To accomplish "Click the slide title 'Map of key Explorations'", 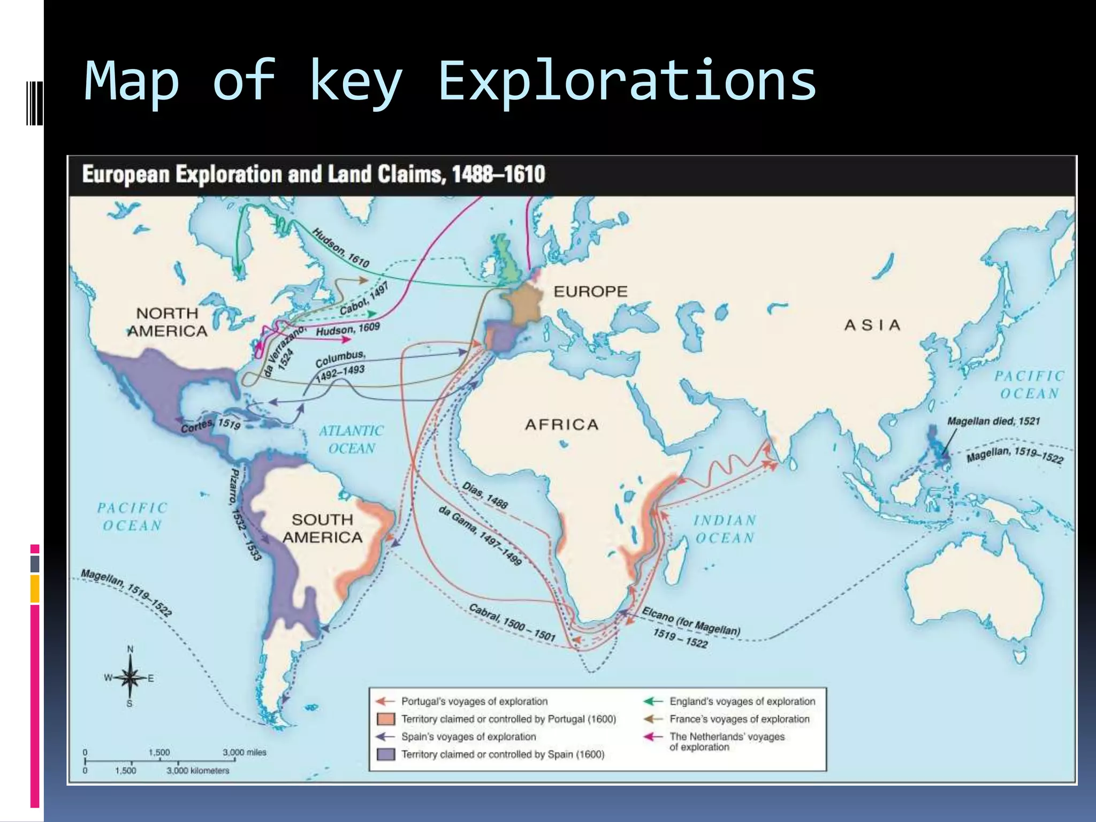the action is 450,81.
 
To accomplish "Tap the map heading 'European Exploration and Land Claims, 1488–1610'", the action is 314,174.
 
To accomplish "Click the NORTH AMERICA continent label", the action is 168,322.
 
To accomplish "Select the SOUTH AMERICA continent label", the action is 322,528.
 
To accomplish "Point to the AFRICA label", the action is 561,424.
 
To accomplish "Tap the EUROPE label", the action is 590,292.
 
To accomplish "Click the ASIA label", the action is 872,325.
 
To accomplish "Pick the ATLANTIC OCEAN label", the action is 351,439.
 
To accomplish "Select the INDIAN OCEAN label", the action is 725,529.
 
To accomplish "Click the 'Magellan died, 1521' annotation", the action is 993,421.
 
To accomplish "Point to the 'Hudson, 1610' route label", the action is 341,248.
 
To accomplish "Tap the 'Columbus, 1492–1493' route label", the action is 340,366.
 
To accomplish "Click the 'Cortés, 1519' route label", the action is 210,425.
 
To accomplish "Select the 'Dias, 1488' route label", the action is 485,495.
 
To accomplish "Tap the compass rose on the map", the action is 130,678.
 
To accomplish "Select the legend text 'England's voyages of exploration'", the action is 742,701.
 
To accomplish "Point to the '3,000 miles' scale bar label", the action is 245,752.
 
